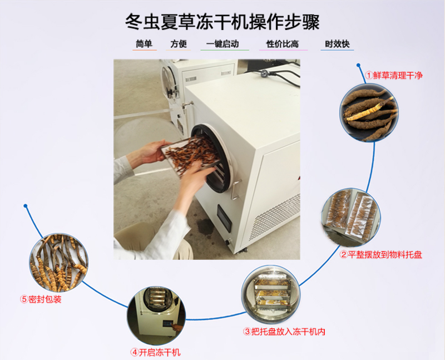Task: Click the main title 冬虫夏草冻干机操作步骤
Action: tap(222, 22)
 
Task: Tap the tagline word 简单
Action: tap(144, 44)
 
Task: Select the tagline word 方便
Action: tap(179, 44)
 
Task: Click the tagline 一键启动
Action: tap(223, 44)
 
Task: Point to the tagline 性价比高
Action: tap(283, 44)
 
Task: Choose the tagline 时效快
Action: tap(337, 44)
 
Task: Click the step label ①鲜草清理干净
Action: tap(394, 75)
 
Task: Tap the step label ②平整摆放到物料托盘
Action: tap(381, 254)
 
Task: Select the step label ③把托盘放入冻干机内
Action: tap(284, 331)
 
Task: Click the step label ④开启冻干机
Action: tap(156, 352)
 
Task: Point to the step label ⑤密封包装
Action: tap(41, 299)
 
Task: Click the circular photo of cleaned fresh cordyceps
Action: tap(369, 112)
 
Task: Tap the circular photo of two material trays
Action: tap(351, 217)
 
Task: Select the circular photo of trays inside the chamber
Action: tap(271, 294)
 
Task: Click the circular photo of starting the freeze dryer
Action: tap(156, 315)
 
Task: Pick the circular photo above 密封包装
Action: tap(59, 263)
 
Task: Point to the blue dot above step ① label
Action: tap(358, 65)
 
